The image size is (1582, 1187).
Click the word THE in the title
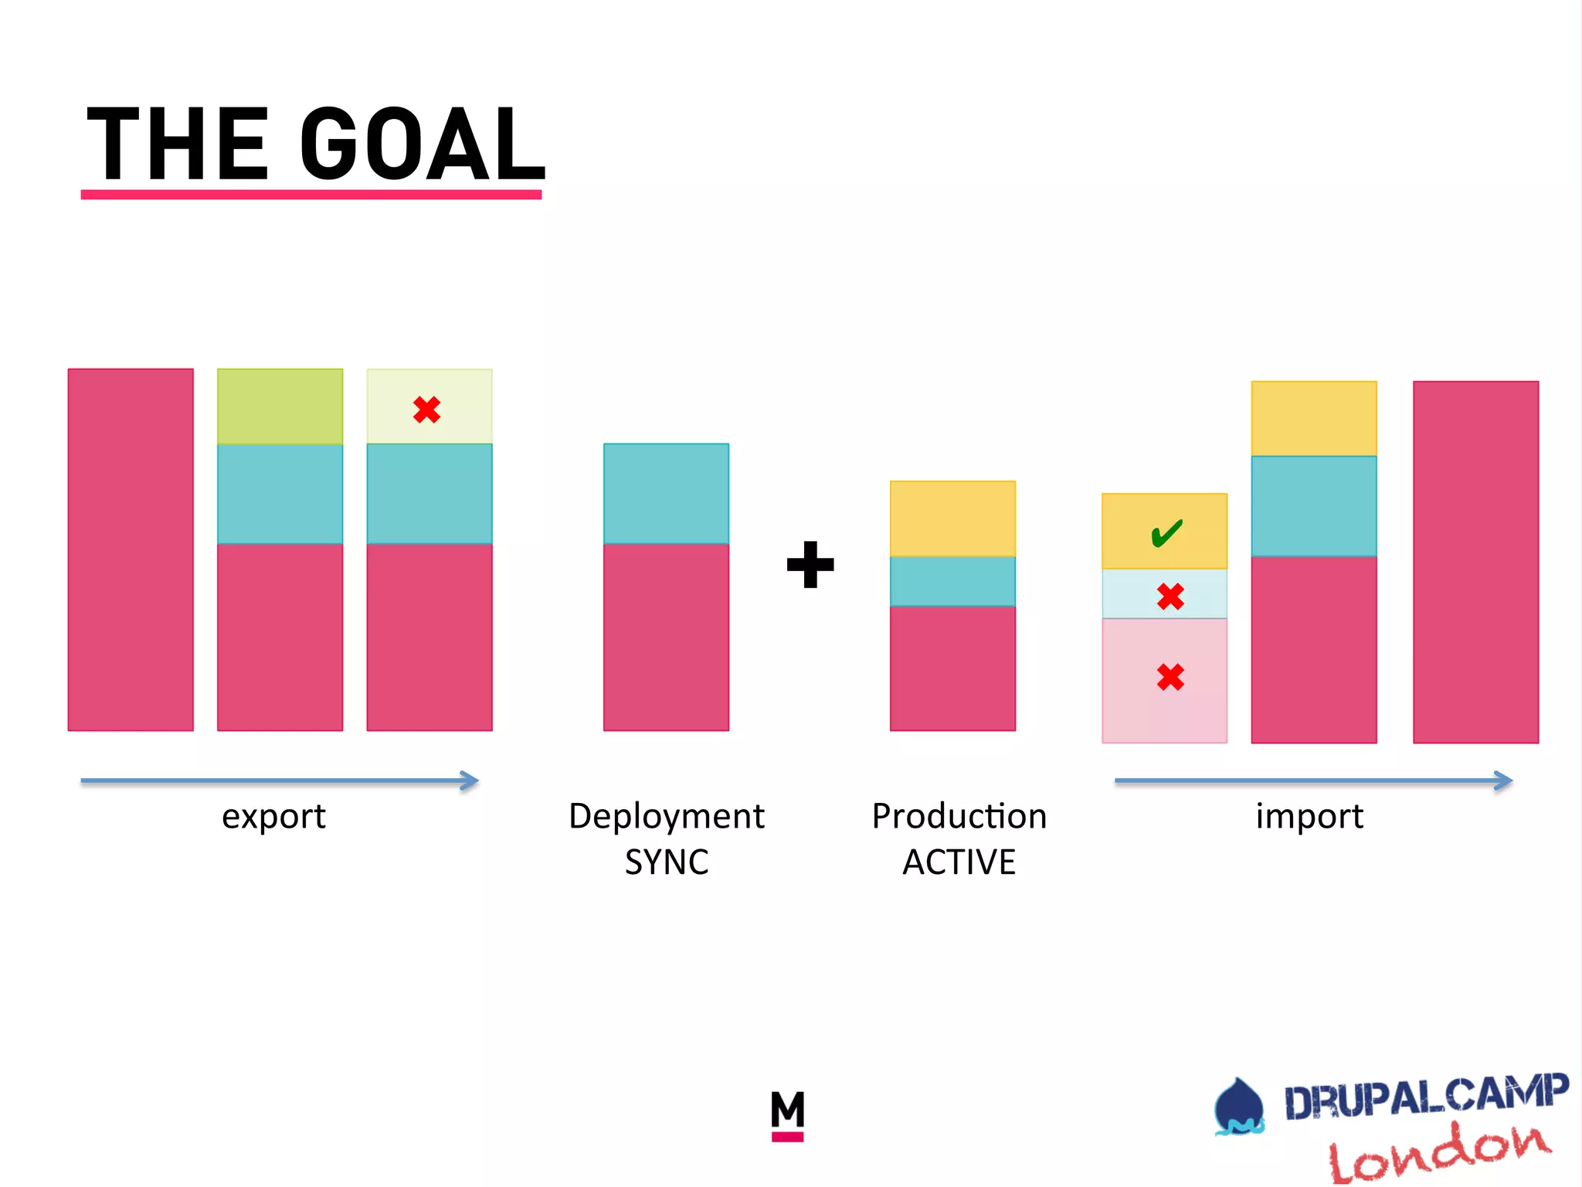[x=178, y=145]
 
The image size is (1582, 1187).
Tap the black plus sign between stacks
[x=810, y=565]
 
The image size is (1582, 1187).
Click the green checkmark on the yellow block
[x=1166, y=532]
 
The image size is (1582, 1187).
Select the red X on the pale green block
[x=426, y=410]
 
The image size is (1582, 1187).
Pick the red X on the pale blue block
[x=1170, y=596]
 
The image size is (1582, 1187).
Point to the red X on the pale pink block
[x=1170, y=677]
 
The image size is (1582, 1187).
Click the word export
[x=273, y=817]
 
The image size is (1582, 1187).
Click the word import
[x=1309, y=817]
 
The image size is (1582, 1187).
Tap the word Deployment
[x=666, y=816]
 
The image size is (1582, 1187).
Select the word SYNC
[x=667, y=862]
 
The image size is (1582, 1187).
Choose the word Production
[x=959, y=816]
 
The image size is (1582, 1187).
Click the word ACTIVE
[x=959, y=862]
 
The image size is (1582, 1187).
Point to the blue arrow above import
[x=1313, y=781]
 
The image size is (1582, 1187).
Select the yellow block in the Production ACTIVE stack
[x=952, y=519]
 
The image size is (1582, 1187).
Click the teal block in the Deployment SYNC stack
[x=666, y=493]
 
